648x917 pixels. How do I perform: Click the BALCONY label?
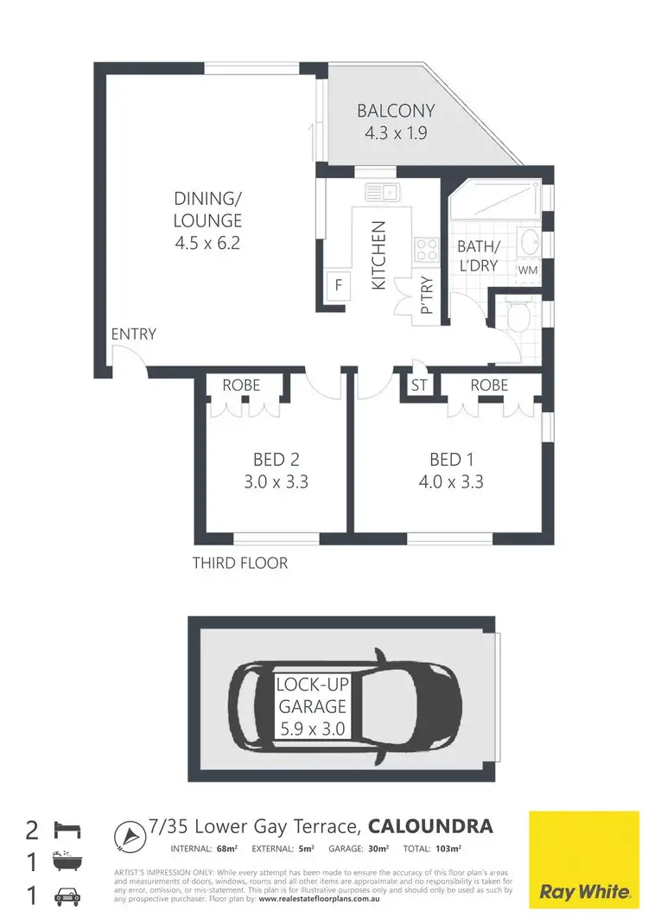coord(396,111)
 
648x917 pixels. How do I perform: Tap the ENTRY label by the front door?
coord(133,334)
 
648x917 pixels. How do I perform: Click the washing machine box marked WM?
coord(527,271)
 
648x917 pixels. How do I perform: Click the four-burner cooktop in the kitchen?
coord(427,250)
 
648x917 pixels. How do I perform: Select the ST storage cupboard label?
coord(419,385)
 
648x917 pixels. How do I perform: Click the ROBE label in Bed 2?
coord(241,385)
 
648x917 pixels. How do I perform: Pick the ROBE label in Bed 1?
coord(489,385)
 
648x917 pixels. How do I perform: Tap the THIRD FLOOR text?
coord(240,564)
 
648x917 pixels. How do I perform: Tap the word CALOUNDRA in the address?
coord(431,827)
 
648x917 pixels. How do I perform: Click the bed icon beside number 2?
coord(67,830)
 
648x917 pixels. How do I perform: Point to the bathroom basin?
coord(530,241)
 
